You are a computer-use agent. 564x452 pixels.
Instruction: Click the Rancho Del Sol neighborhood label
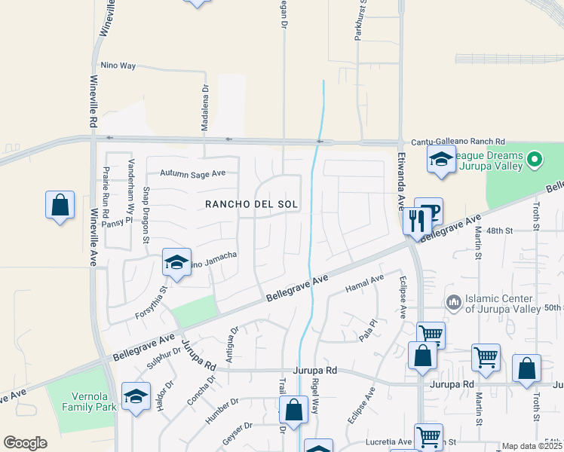click(252, 204)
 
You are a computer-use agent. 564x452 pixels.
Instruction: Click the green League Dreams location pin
click(535, 159)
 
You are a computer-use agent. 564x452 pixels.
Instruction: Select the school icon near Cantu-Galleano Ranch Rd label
click(441, 159)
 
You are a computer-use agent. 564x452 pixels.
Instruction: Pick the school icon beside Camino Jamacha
click(176, 262)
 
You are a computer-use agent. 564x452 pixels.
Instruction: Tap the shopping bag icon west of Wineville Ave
click(60, 204)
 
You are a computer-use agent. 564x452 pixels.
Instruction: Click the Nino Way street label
click(118, 66)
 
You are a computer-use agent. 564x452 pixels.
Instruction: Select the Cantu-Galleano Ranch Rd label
click(458, 142)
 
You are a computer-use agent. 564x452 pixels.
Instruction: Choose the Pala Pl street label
click(367, 329)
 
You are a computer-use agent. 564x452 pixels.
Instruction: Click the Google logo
click(25, 443)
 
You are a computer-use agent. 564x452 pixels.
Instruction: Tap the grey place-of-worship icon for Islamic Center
click(453, 302)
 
